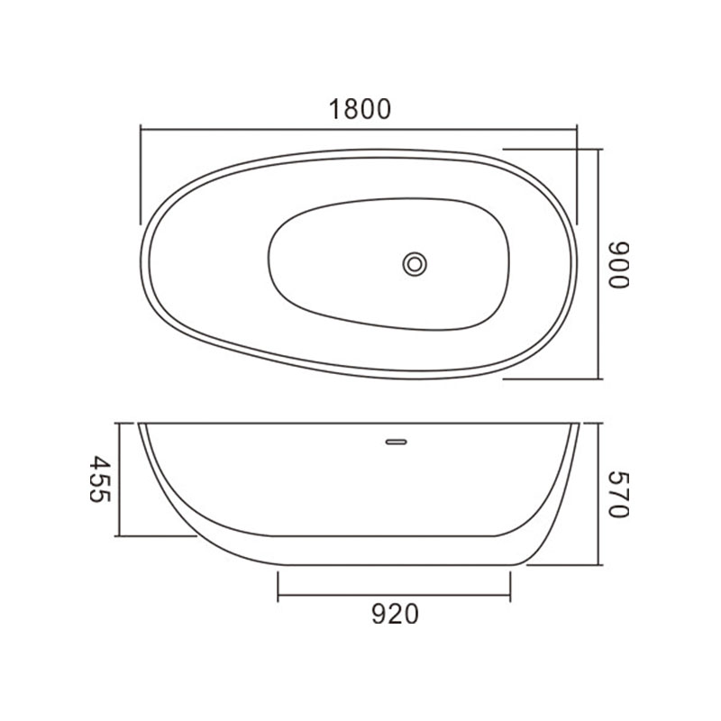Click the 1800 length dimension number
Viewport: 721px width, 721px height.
(360, 109)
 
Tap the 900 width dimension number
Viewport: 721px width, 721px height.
(618, 265)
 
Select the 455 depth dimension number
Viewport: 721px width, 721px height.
(100, 479)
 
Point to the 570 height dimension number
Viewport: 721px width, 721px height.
(618, 494)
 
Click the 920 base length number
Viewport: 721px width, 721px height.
(395, 614)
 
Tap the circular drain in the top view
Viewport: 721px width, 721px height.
(415, 264)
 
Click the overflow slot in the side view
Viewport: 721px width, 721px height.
(397, 442)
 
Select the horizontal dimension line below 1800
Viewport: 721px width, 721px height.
(359, 130)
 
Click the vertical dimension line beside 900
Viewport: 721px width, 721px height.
(598, 264)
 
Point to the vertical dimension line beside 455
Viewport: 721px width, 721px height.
(120, 479)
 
